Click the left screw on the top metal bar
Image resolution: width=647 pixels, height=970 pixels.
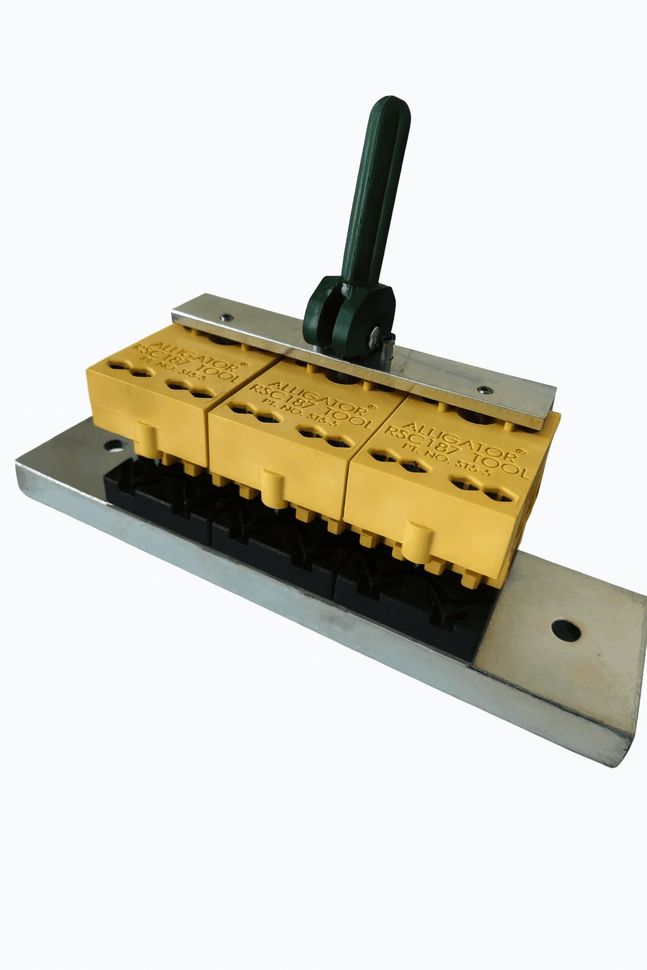(226, 318)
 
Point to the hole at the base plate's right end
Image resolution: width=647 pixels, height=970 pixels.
(565, 630)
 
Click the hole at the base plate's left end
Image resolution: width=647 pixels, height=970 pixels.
(114, 445)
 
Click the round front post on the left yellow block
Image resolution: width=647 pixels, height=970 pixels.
(145, 438)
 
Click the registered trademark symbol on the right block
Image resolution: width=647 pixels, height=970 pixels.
(520, 452)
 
